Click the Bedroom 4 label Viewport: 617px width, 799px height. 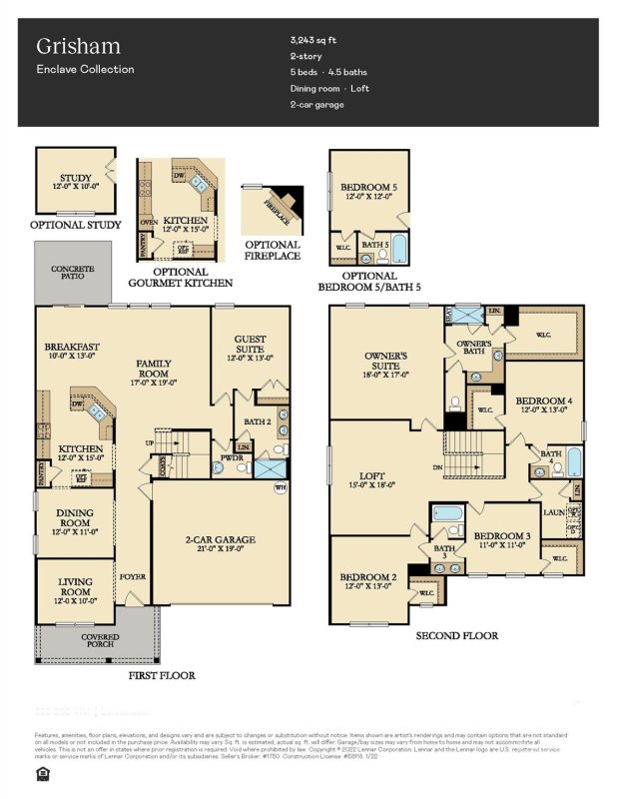click(543, 405)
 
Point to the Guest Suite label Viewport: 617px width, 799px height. click(250, 345)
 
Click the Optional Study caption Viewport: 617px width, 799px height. click(76, 226)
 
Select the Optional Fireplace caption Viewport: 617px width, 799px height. click(272, 251)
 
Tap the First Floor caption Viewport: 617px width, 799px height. click(161, 676)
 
